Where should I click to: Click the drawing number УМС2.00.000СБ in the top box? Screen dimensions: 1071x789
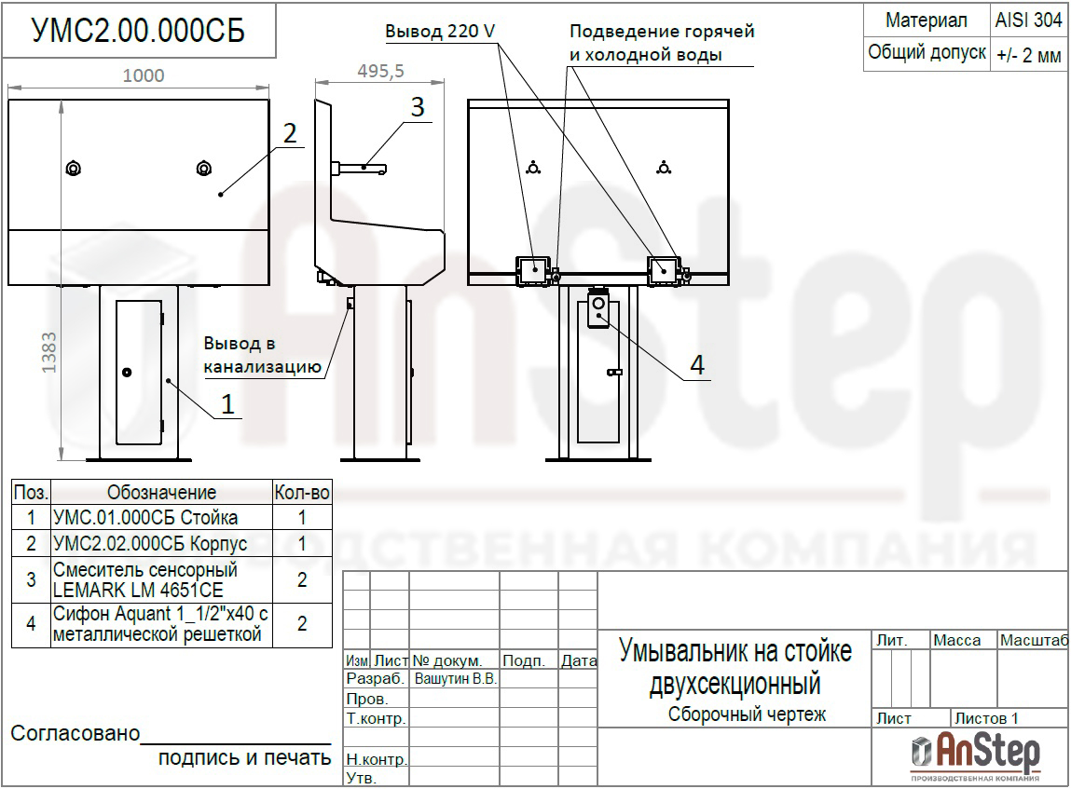coord(138,31)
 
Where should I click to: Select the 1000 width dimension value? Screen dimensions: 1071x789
coord(144,75)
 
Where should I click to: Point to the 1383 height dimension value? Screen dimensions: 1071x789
coord(49,353)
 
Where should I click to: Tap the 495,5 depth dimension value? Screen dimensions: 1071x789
coord(380,71)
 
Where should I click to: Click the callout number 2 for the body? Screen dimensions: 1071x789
coord(290,134)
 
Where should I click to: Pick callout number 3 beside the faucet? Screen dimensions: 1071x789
coord(418,107)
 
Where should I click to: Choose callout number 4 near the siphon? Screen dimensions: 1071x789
coord(696,364)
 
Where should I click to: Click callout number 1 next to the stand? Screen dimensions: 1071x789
coord(227,404)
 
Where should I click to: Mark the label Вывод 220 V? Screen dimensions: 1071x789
coord(440,32)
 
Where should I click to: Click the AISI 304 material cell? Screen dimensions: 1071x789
coord(1029,20)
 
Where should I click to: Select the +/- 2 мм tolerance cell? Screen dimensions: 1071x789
coord(1029,54)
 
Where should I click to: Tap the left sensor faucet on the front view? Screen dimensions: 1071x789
coord(73,168)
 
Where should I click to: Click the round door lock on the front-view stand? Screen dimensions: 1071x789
coord(127,373)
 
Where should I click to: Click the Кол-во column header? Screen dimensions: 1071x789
coord(302,492)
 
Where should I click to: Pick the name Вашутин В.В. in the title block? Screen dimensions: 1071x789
coord(456,679)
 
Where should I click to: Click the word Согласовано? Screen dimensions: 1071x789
coord(76,733)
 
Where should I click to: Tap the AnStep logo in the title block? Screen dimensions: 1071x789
coord(975,755)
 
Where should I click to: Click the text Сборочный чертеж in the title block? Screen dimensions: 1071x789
coord(747,714)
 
